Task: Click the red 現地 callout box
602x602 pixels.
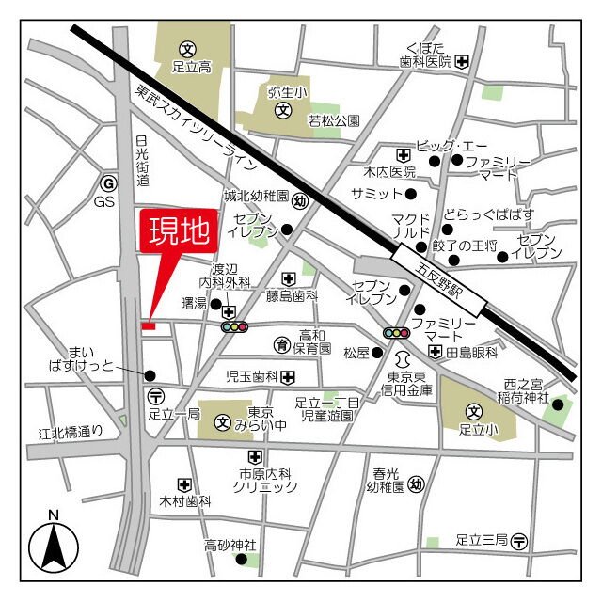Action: (179, 232)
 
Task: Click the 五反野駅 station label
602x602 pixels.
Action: (439, 279)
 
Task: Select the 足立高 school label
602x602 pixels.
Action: (191, 68)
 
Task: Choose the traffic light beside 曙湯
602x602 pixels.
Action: (233, 326)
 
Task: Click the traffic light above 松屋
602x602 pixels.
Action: (397, 333)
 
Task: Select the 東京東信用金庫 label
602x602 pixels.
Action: (407, 383)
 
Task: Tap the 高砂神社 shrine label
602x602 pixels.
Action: (231, 545)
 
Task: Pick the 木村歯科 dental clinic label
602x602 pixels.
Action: (185, 502)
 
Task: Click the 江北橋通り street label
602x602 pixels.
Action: (71, 434)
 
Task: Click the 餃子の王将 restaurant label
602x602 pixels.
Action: (464, 246)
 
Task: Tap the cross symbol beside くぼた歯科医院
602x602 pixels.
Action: (463, 62)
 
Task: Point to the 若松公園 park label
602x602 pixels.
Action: (334, 120)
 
